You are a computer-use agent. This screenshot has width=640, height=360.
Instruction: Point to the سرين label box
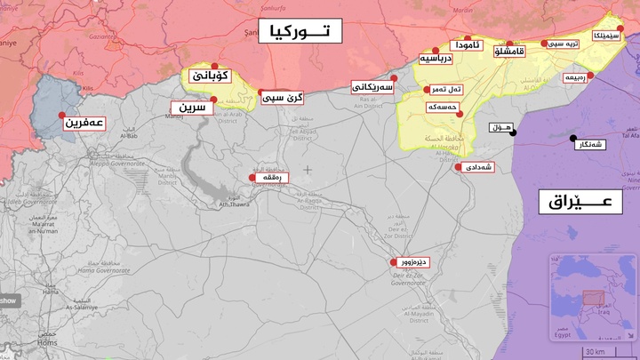[193, 108]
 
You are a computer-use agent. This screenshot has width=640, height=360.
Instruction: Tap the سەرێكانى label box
[372, 87]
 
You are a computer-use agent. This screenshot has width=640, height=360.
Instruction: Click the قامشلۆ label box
[519, 52]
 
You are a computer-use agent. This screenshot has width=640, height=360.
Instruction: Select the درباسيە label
[436, 59]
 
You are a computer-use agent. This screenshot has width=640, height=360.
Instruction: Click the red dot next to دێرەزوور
[394, 262]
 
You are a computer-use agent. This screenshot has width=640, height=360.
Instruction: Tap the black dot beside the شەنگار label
[572, 138]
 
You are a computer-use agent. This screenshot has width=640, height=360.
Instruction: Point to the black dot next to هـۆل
[513, 133]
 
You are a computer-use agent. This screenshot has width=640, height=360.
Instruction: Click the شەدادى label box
[478, 167]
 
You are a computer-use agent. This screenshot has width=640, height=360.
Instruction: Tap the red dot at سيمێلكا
[620, 28]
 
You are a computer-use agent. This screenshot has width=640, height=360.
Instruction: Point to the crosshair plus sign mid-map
[308, 169]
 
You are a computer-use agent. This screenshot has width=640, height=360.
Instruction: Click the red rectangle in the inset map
[592, 298]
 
